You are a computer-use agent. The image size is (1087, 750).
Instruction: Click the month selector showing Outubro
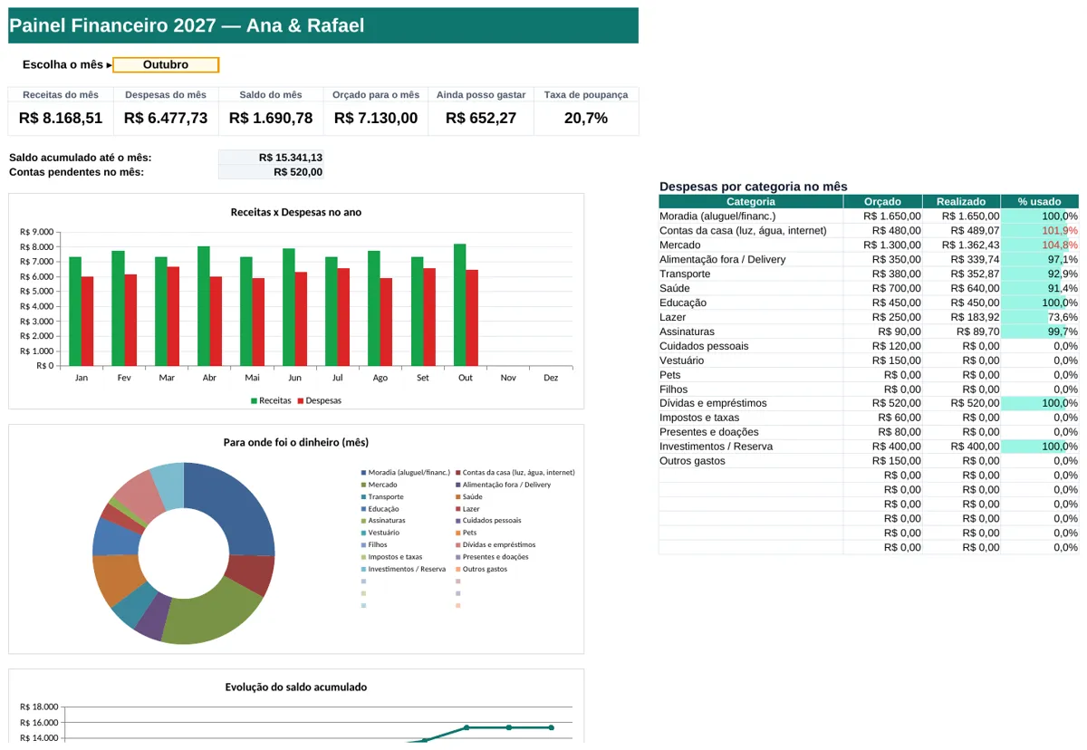(x=166, y=64)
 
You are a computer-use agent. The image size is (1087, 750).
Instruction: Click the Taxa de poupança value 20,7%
(x=586, y=118)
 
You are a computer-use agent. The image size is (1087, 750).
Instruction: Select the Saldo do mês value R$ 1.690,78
(x=271, y=118)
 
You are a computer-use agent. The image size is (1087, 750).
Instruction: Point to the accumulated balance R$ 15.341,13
(x=290, y=158)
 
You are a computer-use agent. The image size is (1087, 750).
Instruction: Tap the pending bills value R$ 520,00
(x=297, y=172)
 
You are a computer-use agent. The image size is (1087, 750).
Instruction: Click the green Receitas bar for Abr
(x=203, y=306)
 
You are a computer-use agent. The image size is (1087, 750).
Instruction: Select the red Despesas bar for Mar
(x=173, y=316)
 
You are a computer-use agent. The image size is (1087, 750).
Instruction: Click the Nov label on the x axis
(x=508, y=378)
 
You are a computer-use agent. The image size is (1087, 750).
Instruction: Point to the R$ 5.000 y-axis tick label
(x=36, y=291)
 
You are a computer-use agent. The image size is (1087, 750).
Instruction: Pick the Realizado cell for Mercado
(x=970, y=245)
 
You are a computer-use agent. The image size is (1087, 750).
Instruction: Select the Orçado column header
(x=882, y=201)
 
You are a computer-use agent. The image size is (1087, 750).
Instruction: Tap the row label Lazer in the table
(x=672, y=317)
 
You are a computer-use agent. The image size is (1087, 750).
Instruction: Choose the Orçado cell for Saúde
(x=896, y=288)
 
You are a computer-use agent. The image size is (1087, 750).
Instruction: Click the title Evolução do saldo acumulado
(x=296, y=687)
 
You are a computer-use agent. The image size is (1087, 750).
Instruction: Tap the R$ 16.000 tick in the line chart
(x=39, y=722)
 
